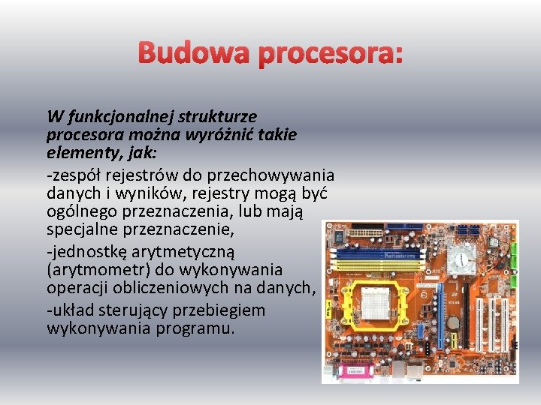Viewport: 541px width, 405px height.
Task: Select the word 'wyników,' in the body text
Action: click(x=146, y=193)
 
